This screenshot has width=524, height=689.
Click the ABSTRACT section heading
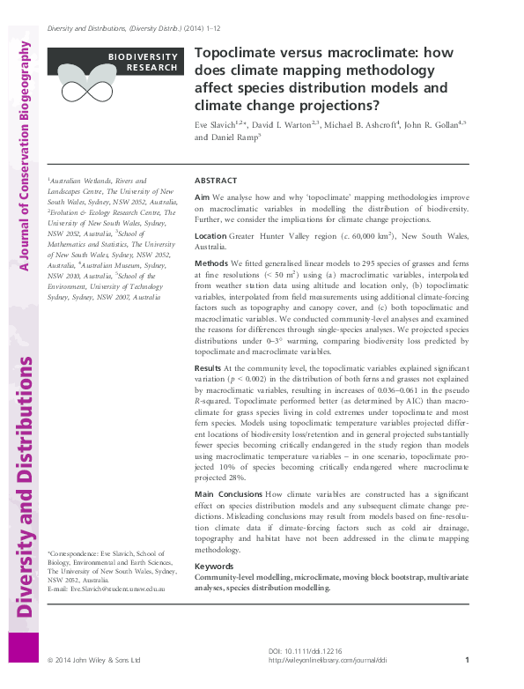pyautogui.click(x=214, y=179)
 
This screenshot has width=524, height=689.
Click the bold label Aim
pyautogui.click(x=202, y=198)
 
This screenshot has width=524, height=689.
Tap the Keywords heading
pyautogui.click(x=214, y=567)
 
